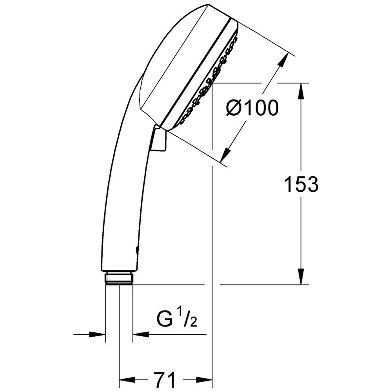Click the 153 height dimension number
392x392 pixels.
point(301,184)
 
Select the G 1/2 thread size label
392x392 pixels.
point(176,318)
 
